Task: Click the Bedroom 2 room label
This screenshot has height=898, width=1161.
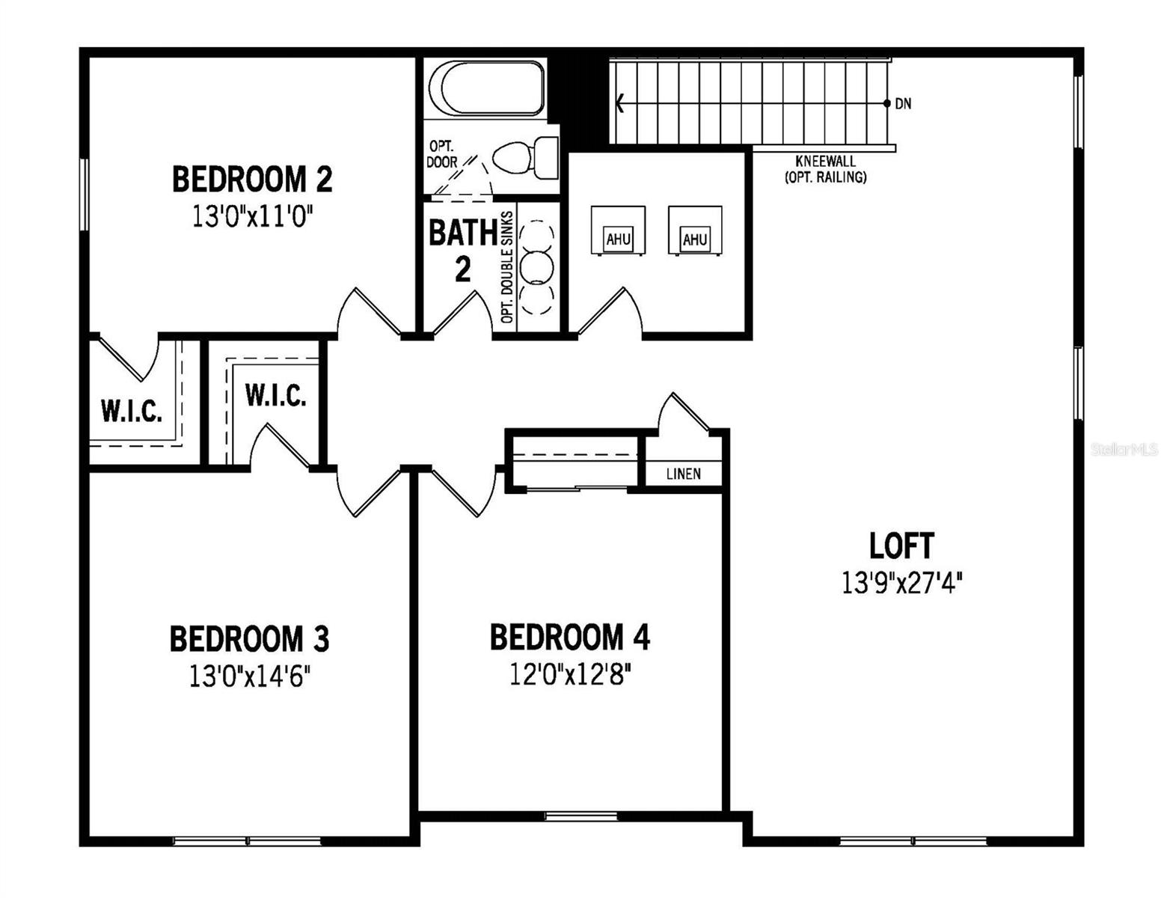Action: (252, 179)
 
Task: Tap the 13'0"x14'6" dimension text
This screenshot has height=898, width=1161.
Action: (250, 678)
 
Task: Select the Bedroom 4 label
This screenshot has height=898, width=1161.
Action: (569, 637)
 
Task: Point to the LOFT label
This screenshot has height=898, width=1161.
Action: (902, 546)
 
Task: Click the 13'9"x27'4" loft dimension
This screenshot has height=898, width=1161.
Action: (902, 583)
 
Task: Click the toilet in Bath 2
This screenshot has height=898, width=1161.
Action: (525, 158)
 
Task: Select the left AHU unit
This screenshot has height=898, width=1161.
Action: (618, 230)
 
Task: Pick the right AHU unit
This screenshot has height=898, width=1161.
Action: (695, 230)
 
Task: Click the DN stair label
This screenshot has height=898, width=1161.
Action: (903, 103)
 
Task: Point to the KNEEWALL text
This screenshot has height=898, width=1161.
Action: (825, 161)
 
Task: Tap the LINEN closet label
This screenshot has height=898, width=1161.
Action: (683, 474)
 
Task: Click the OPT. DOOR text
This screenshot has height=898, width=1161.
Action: (442, 154)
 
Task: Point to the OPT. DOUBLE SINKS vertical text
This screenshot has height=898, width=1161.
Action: (507, 267)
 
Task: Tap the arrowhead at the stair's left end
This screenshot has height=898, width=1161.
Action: (619, 103)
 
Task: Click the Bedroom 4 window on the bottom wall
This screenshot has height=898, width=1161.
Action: (580, 816)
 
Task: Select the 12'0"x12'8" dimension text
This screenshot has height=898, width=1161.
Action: (570, 675)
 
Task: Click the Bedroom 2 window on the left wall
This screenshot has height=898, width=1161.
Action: (84, 194)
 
